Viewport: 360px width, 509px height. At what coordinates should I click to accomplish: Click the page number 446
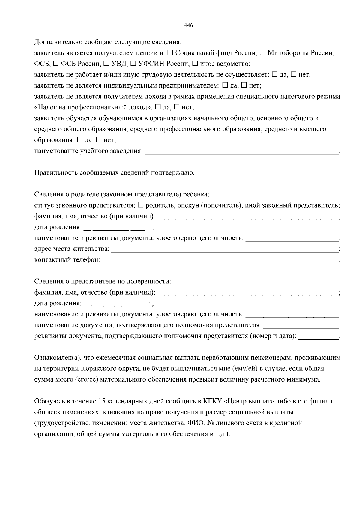coord(188,25)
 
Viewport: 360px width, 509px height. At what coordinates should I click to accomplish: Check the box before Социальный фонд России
coord(170,53)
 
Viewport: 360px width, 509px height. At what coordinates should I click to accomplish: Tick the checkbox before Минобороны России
coord(262,53)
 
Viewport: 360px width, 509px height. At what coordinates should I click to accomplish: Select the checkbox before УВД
coord(106,64)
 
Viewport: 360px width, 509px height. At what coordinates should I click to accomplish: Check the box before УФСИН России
coord(133,64)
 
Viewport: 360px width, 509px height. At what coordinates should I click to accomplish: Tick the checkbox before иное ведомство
coord(195,64)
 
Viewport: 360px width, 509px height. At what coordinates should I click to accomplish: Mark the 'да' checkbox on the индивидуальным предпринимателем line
coord(225,85)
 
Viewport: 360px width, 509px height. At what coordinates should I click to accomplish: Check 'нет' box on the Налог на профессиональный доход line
coord(177,107)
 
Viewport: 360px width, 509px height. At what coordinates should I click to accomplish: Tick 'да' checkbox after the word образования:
coord(80,140)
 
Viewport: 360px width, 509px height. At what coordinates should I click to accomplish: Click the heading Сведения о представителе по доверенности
coord(103,282)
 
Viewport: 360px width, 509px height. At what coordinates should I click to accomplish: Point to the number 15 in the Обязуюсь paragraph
coord(101,401)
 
